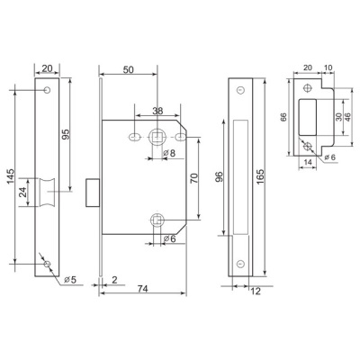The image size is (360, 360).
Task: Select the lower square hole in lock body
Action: (158, 218)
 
